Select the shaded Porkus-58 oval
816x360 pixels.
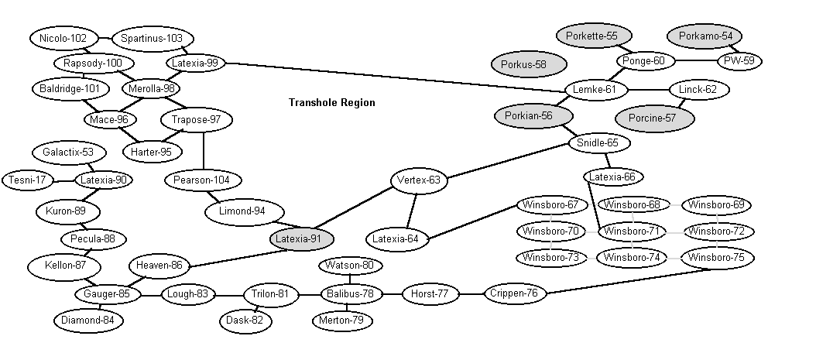click(530, 64)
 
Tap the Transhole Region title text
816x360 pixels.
click(331, 102)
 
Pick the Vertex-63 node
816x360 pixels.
click(418, 180)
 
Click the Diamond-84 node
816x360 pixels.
click(87, 319)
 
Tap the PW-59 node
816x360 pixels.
click(739, 61)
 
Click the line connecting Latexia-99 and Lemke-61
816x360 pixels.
click(395, 76)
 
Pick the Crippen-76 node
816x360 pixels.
click(514, 293)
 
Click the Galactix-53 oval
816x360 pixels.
click(68, 152)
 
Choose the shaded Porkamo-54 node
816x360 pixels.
click(705, 36)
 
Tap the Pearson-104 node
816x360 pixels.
click(203, 180)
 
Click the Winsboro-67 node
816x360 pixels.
click(550, 205)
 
